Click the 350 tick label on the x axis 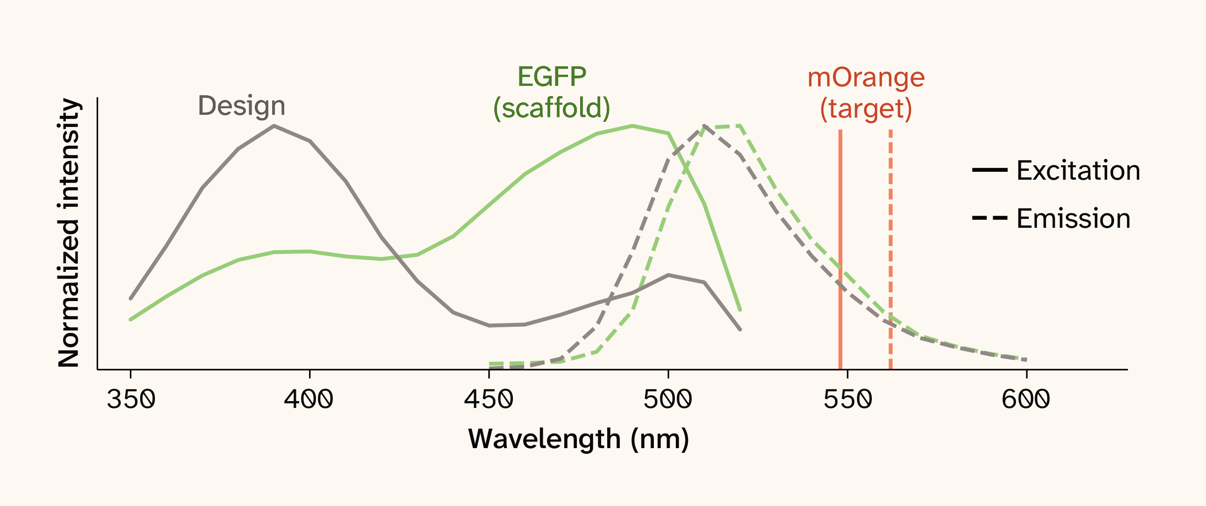pyautogui.click(x=131, y=400)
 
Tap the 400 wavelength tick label pyautogui.click(x=309, y=400)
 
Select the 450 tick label pyautogui.click(x=489, y=400)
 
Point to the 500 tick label pyautogui.click(x=668, y=400)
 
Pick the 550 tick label pyautogui.click(x=848, y=400)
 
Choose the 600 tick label pyautogui.click(x=1026, y=400)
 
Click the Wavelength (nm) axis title pyautogui.click(x=579, y=440)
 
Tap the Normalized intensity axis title pyautogui.click(x=68, y=232)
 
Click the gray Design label pyautogui.click(x=242, y=106)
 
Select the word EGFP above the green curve pyautogui.click(x=552, y=77)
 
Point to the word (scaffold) pyautogui.click(x=552, y=108)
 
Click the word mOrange pyautogui.click(x=866, y=78)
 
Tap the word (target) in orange pyautogui.click(x=866, y=109)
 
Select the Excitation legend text pyautogui.click(x=1078, y=170)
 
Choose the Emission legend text pyautogui.click(x=1073, y=218)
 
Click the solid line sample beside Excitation pyautogui.click(x=990, y=169)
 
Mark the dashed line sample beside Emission pyautogui.click(x=990, y=218)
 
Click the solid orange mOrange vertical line pyautogui.click(x=841, y=249)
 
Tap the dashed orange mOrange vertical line pyautogui.click(x=890, y=249)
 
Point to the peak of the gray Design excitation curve pyautogui.click(x=274, y=126)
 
